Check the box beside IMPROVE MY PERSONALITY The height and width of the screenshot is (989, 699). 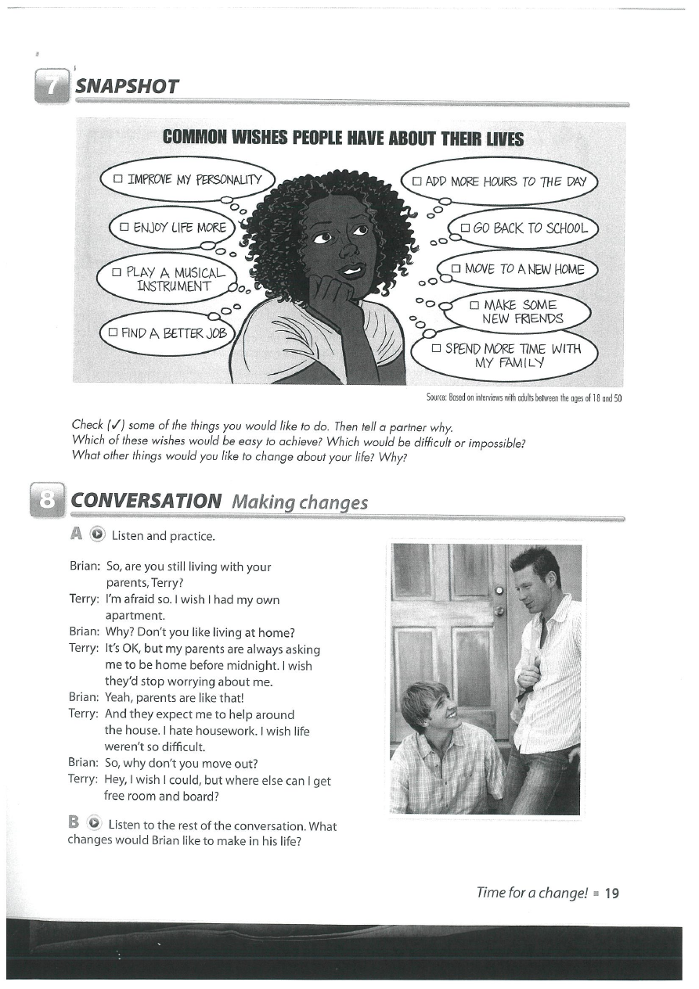118,179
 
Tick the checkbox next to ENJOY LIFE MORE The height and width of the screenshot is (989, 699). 124,228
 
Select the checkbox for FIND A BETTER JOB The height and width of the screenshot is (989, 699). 113,333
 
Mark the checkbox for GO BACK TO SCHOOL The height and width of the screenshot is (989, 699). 464,228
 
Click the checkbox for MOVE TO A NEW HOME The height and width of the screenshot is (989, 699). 456,269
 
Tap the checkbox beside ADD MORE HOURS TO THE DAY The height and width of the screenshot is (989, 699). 416,182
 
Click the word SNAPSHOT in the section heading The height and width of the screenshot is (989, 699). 127,86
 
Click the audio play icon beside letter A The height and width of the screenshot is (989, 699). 97,536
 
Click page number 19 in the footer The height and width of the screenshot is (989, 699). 612,893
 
